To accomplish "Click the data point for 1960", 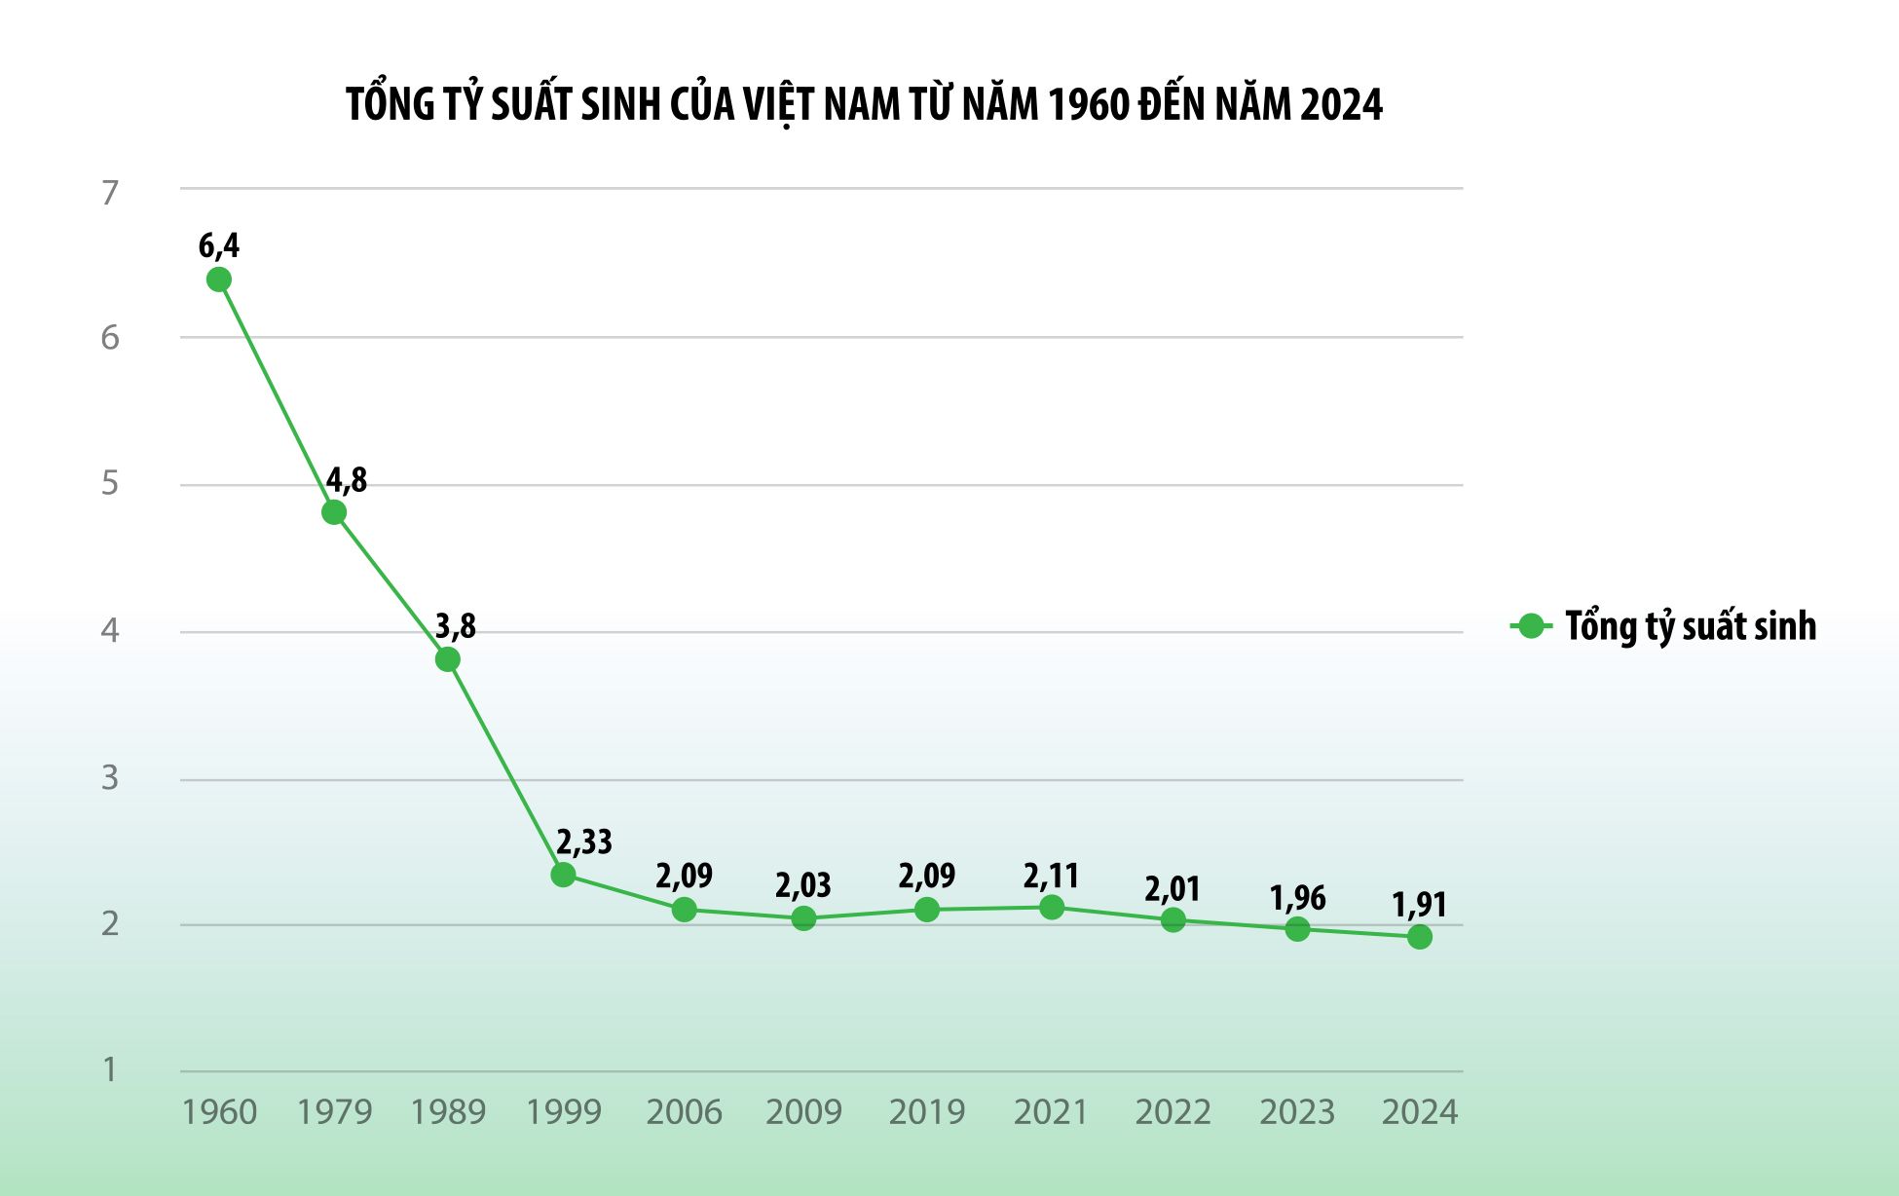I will [219, 280].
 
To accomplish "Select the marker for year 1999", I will [563, 875].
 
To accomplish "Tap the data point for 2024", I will [1420, 937].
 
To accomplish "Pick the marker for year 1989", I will [448, 660].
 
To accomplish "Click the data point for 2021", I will [1052, 908].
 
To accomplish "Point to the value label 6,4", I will [219, 246].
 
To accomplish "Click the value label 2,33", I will [584, 841].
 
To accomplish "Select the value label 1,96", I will [1297, 898].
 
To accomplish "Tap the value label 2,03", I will [803, 885].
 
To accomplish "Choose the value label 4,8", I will [347, 480].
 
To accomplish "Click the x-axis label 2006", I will [685, 1112].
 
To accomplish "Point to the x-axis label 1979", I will [334, 1112].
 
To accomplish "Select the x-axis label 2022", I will [1173, 1112].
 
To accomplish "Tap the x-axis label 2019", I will [927, 1112].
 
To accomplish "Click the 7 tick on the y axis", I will [110, 193].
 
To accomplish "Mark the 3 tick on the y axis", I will [110, 778].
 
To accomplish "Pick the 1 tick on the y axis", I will [110, 1069].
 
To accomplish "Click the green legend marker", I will [1531, 626].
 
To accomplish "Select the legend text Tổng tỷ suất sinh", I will [1691, 626].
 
